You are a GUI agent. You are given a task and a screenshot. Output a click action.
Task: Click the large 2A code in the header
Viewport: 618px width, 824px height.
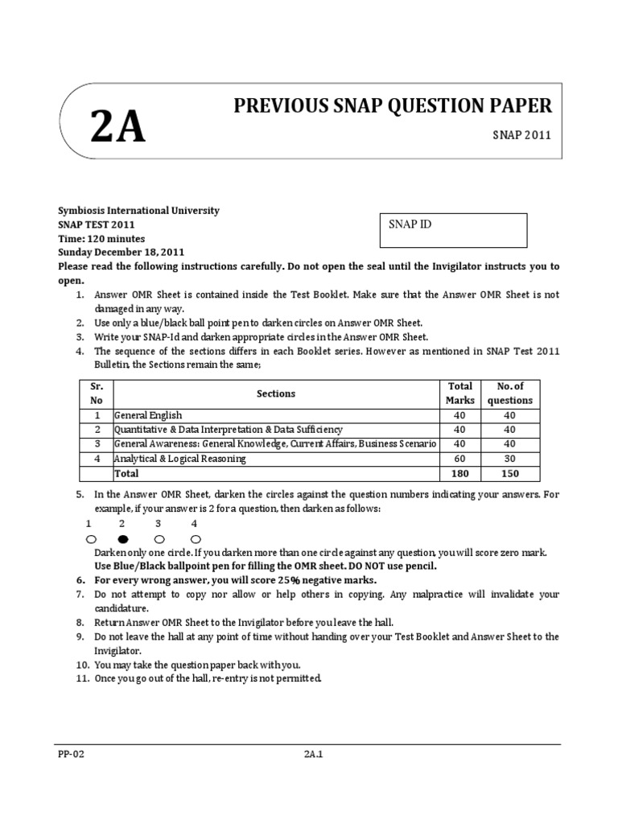pos(118,128)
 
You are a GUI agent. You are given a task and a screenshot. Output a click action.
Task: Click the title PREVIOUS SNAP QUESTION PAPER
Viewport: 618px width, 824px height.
pos(393,105)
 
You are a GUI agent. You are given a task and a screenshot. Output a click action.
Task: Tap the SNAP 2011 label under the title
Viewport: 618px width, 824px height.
pos(521,135)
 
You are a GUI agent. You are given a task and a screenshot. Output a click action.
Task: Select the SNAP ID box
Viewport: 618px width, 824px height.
pos(452,230)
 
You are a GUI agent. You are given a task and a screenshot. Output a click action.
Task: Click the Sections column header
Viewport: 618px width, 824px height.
pos(276,393)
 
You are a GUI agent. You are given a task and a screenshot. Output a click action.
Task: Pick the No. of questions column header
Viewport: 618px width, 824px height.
pos(510,393)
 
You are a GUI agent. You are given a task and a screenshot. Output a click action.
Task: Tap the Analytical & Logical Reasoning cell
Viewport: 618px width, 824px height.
pos(180,459)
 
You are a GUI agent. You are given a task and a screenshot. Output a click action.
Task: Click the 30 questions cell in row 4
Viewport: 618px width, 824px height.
pos(510,459)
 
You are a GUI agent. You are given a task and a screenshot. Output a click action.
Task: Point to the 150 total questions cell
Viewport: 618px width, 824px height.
pos(510,473)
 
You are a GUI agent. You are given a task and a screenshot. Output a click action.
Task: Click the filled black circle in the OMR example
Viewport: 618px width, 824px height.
pos(123,538)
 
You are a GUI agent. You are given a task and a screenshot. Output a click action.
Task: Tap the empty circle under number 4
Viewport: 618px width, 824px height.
pos(196,538)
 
